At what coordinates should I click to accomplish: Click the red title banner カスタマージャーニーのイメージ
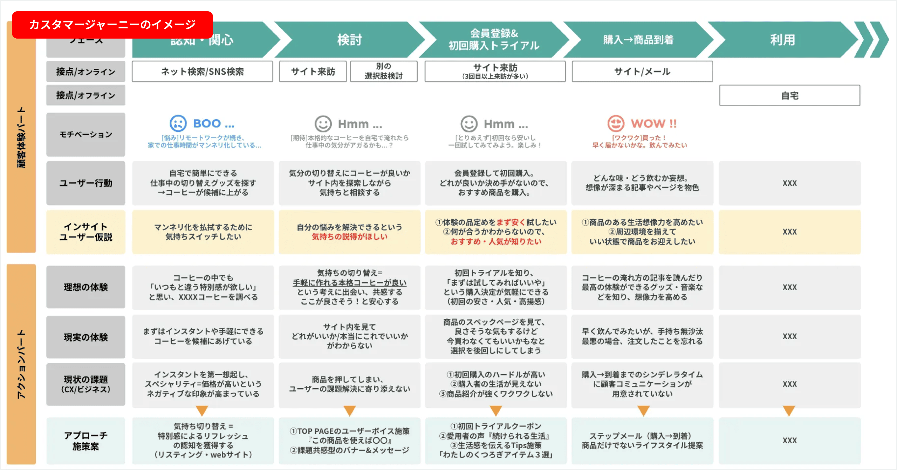coord(112,25)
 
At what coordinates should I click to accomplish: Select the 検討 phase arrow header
coord(349,40)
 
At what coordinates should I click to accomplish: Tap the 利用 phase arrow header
coord(782,40)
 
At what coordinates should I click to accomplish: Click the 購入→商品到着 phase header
coord(638,40)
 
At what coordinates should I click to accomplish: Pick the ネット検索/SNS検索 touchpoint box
coord(202,72)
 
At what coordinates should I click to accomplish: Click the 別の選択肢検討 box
coord(383,71)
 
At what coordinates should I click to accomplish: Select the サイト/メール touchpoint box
coord(642,72)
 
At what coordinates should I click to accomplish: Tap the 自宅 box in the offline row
coord(789,95)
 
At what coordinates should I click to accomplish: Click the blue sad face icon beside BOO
coord(178,123)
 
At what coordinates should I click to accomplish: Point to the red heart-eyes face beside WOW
coord(616,123)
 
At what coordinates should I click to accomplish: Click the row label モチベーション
coord(85,134)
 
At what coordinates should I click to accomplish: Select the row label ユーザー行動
coord(85,183)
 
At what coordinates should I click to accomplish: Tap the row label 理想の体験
coord(85,287)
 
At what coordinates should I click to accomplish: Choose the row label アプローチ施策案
coord(85,441)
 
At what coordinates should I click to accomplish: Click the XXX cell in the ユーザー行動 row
coord(789,183)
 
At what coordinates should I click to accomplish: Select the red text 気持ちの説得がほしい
coord(350,237)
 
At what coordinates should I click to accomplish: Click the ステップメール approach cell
coord(642,441)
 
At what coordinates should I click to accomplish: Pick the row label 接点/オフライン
coord(85,95)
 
